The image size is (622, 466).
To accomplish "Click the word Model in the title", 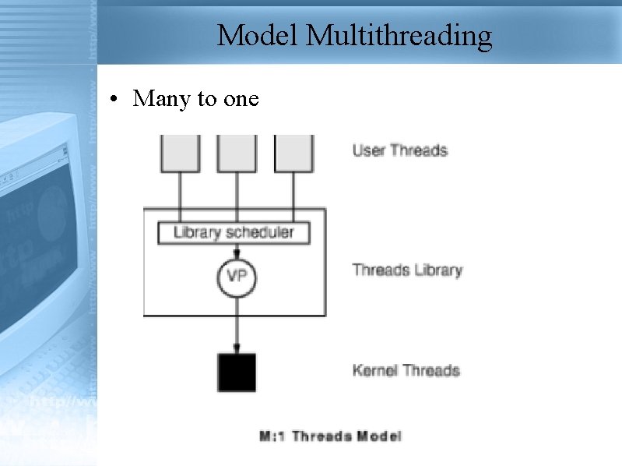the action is click(258, 36).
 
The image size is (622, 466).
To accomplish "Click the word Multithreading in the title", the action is click(399, 37).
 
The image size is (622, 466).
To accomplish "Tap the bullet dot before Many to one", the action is click(114, 99).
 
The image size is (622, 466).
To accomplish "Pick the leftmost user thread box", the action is click(180, 153).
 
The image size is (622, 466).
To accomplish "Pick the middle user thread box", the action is click(237, 153).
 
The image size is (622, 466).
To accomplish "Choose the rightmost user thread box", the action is click(293, 153).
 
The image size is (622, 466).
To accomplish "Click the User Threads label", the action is click(400, 150).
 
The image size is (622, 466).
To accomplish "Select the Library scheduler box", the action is click(233, 232).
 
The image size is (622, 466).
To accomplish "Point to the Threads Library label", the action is click(407, 270).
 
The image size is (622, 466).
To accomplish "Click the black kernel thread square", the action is click(237, 372).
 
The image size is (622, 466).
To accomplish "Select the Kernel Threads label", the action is click(406, 370).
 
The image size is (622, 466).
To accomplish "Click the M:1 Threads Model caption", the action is click(330, 436).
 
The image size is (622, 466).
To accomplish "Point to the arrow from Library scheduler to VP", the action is click(237, 250).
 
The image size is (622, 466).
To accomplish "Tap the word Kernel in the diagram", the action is click(374, 370).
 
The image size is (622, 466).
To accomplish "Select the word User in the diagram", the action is click(368, 150).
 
